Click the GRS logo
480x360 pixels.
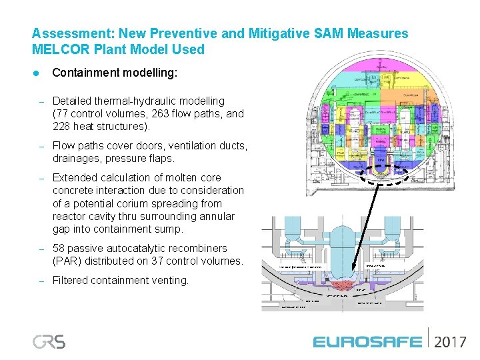(49, 341)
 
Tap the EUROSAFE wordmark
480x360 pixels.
(367, 342)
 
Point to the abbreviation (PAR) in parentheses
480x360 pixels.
(67, 261)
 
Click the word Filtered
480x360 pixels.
(71, 280)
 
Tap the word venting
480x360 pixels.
(172, 280)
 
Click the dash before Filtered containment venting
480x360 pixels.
(41, 280)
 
